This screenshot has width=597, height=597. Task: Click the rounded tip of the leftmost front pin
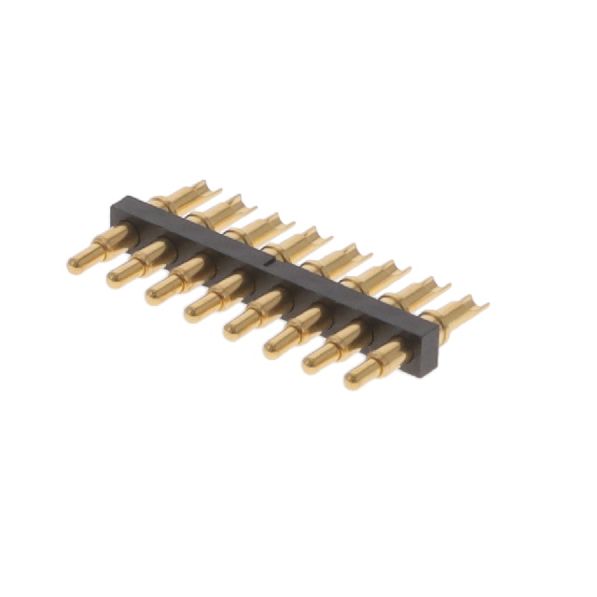76,265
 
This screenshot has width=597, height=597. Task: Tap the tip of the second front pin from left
115,278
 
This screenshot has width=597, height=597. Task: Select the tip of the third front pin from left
153,293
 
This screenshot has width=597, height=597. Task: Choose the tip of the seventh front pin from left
310,365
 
